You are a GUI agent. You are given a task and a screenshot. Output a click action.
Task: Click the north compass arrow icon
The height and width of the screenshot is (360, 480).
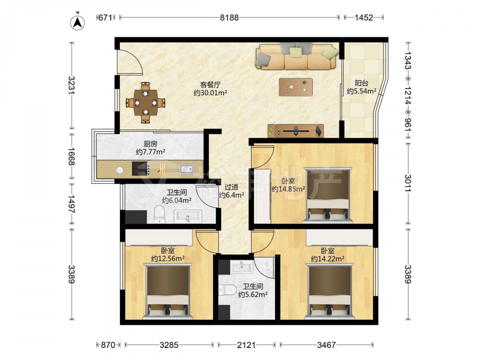click(77, 22)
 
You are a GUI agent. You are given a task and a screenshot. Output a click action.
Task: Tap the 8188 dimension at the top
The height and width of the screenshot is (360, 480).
click(229, 17)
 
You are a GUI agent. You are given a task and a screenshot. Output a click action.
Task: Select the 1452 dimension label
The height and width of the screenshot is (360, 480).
click(364, 17)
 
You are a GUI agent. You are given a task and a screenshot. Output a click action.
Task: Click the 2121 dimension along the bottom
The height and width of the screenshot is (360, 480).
click(246, 345)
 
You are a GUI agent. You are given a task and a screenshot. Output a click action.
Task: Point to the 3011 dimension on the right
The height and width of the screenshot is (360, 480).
click(408, 183)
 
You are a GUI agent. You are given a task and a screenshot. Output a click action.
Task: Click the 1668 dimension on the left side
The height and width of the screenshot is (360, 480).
click(72, 156)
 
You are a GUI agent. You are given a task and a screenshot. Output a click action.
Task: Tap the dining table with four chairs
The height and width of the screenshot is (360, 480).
click(146, 103)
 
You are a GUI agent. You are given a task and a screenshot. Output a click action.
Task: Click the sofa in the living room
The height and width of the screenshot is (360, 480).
click(297, 56)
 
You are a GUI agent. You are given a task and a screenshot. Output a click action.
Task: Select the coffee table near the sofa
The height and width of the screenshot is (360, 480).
click(296, 87)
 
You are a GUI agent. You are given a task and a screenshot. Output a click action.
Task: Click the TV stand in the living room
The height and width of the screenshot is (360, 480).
click(296, 131)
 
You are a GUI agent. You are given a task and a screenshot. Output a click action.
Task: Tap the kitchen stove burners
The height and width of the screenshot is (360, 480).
click(141, 168)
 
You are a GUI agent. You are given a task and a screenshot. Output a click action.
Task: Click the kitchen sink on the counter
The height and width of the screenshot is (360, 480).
click(186, 168)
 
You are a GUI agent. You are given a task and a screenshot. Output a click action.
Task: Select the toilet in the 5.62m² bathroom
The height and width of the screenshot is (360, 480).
click(228, 289)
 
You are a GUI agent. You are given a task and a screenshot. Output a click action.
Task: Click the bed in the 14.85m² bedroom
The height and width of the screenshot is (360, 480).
click(327, 195)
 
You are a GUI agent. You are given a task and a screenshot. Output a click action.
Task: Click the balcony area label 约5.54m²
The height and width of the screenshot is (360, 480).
click(361, 91)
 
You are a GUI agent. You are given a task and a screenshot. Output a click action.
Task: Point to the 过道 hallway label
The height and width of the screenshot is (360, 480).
click(231, 187)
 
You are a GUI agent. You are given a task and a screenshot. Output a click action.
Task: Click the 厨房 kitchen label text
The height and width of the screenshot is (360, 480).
click(151, 144)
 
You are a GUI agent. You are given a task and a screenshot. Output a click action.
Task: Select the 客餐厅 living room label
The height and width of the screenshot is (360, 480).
click(210, 84)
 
